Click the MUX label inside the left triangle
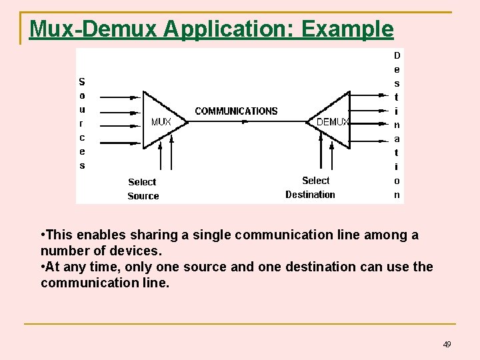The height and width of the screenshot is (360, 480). tap(161, 122)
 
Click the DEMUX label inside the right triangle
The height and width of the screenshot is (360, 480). tap(333, 122)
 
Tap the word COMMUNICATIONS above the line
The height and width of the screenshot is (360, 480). tap(236, 111)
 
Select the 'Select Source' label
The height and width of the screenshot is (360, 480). tap(143, 189)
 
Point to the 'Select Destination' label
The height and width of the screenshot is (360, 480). tap(311, 187)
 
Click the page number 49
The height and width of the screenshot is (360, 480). tap(447, 344)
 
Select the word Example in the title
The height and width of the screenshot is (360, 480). tap(347, 29)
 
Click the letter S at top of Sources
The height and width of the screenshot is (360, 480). tap(82, 82)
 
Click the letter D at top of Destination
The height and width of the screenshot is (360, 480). tap(397, 55)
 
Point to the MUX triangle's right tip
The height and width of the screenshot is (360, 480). tap(188, 121)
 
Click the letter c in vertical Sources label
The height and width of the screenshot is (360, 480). tap(82, 137)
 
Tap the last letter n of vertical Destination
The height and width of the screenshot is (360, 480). tap(397, 195)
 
